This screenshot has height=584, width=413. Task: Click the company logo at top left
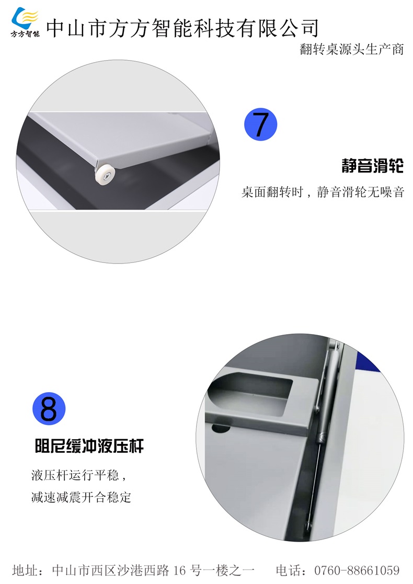pyautogui.click(x=25, y=22)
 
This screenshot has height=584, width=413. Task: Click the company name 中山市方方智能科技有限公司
pyautogui.click(x=182, y=29)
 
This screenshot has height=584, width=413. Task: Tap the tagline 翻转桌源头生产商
pyautogui.click(x=352, y=49)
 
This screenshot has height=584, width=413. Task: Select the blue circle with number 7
pyautogui.click(x=261, y=124)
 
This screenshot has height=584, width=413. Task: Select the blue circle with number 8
pyautogui.click(x=49, y=408)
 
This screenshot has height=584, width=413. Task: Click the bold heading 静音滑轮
pyautogui.click(x=372, y=166)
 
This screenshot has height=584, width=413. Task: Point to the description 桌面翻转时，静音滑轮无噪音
pyautogui.click(x=323, y=192)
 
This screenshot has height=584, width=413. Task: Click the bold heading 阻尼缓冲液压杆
pyautogui.click(x=89, y=446)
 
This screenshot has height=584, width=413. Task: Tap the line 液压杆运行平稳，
pyautogui.click(x=79, y=475)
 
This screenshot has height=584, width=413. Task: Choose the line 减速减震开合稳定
pyautogui.click(x=81, y=497)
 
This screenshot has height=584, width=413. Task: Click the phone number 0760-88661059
pyautogui.click(x=357, y=570)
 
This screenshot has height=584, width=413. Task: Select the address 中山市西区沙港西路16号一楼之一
pyautogui.click(x=153, y=570)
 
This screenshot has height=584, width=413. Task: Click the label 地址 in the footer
pyautogui.click(x=25, y=570)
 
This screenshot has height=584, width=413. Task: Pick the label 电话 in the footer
pyautogui.click(x=289, y=570)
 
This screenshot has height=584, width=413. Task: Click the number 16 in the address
pyautogui.click(x=179, y=570)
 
